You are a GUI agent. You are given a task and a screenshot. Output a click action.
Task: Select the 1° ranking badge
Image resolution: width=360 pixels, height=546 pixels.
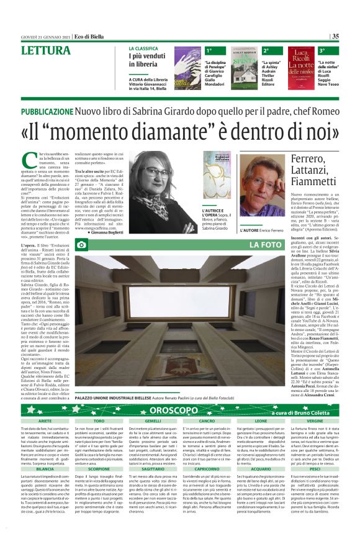pyautogui.click(x=209, y=50)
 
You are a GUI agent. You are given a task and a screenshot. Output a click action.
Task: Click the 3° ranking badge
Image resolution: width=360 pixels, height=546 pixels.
pyautogui.click(x=322, y=50)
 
